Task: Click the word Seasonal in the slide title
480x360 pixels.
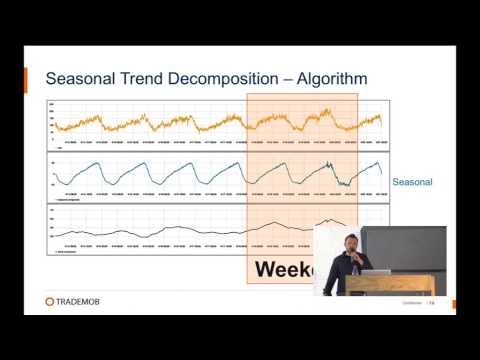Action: click(84, 77)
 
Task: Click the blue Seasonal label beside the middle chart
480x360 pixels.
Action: click(413, 183)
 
